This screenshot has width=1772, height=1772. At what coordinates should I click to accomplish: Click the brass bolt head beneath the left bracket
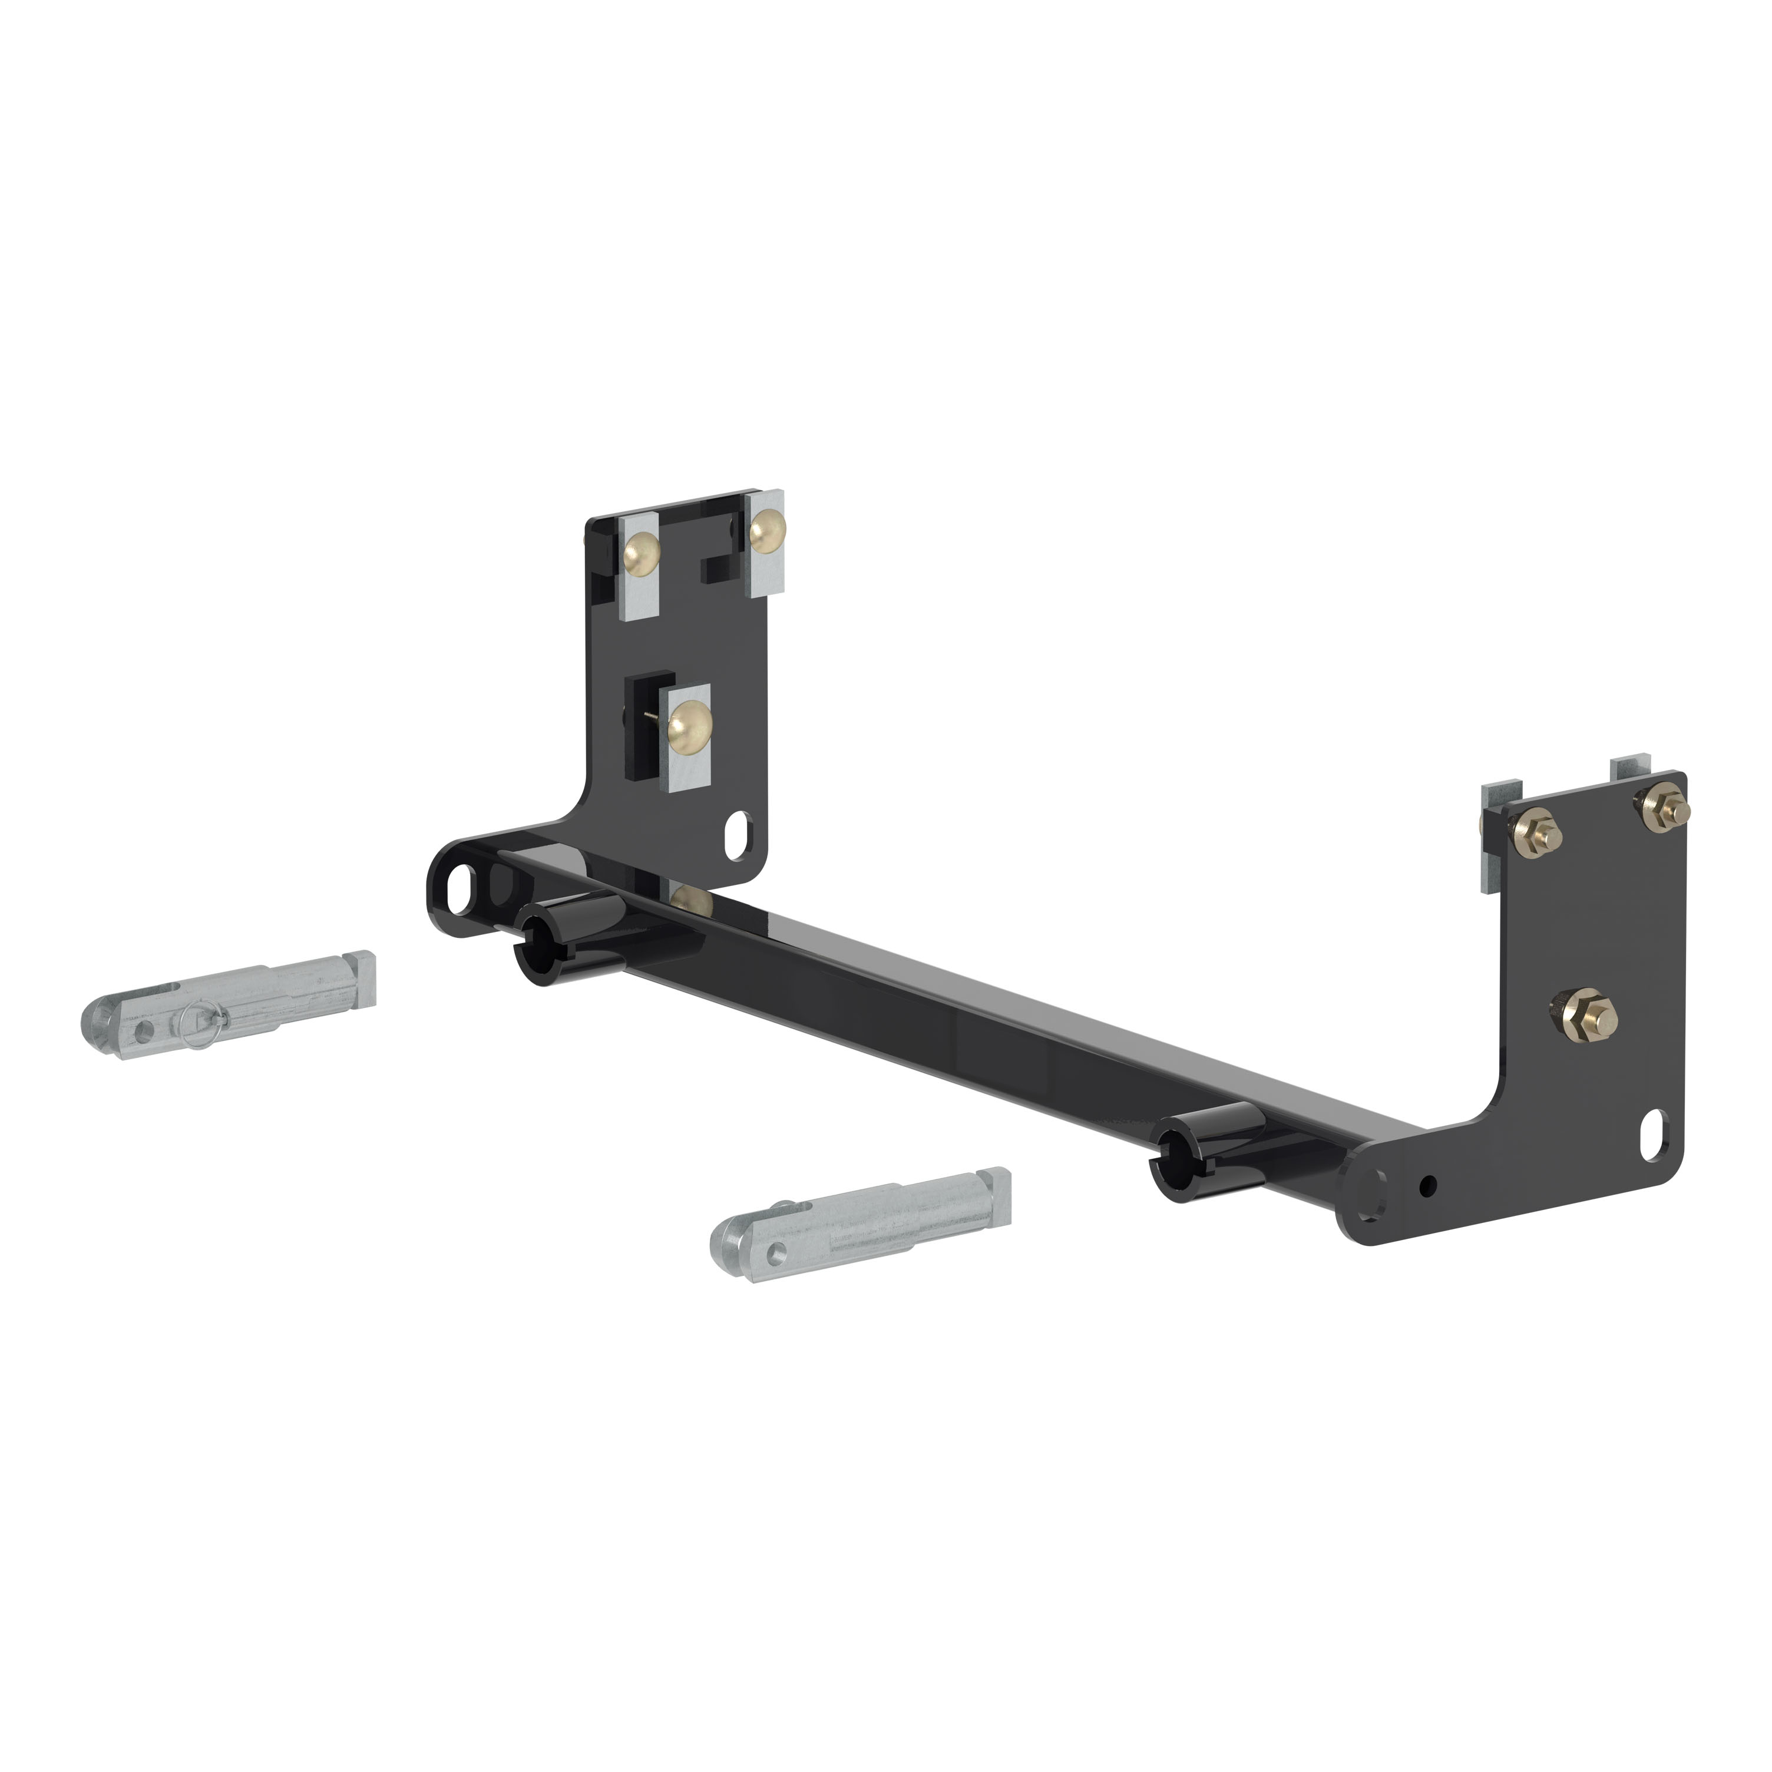pyautogui.click(x=692, y=901)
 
